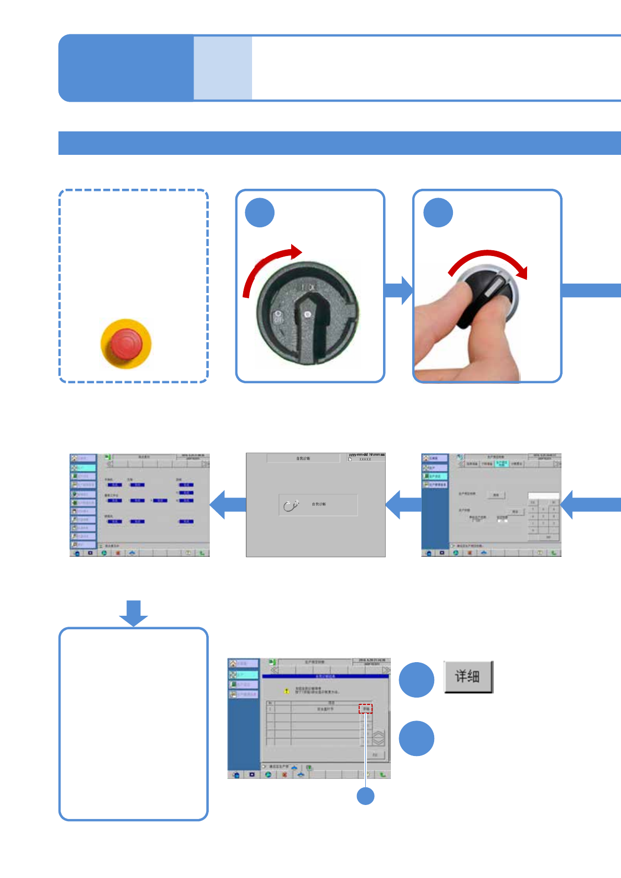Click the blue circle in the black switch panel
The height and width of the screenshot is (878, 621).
coord(259,213)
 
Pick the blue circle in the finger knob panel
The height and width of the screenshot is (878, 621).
coord(438,213)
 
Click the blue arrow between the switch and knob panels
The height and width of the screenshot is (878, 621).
coord(399,290)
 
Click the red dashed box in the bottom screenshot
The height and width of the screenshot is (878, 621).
coord(365,709)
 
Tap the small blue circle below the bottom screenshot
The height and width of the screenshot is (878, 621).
coord(365,796)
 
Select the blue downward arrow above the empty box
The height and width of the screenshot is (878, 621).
coord(134,613)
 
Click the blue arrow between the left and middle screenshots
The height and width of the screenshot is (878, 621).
coord(228,504)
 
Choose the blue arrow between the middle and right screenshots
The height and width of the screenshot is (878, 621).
coord(403,504)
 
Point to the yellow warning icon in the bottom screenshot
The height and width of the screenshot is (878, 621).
coord(286,691)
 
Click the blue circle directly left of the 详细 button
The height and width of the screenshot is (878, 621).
coord(416,680)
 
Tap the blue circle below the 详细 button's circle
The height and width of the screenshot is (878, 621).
coord(416,738)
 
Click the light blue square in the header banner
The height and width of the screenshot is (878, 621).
coord(223,68)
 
